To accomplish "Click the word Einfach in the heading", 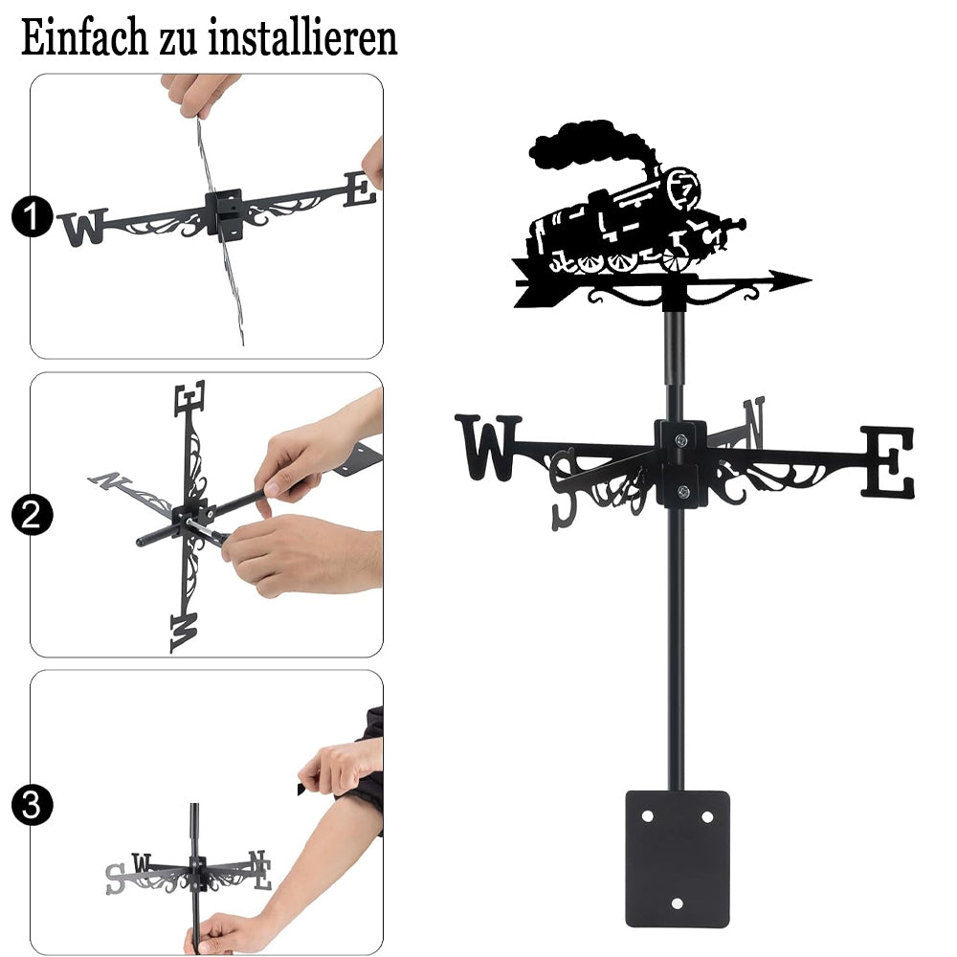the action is [84, 38].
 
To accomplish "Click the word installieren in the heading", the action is [302, 38].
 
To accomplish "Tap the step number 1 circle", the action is [33, 216].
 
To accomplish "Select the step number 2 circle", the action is [33, 515].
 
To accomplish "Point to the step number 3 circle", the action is [33, 805].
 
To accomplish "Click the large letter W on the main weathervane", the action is [488, 447].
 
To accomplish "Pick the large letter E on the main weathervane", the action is [888, 461].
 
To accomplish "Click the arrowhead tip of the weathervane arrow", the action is [812, 280].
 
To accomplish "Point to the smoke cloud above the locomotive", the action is [586, 145].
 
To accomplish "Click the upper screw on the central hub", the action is [681, 439].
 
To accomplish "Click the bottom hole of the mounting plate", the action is [677, 903].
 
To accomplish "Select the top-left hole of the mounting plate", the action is [647, 816].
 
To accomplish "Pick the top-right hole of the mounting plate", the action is [707, 816].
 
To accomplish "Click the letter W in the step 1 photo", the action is [83, 227].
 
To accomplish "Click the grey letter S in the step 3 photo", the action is [116, 879].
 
